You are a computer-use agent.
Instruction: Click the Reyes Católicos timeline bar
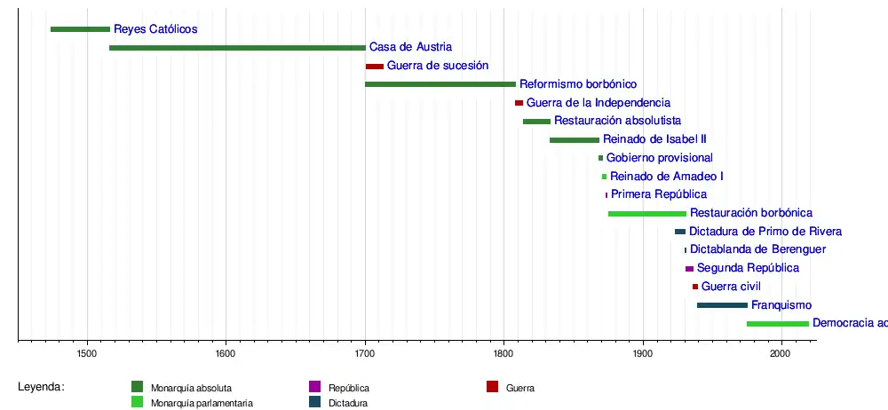coord(80,29)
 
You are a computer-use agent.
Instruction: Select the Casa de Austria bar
coord(237,48)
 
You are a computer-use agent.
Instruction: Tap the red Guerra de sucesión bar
coord(375,67)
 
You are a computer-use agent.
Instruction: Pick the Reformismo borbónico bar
coord(440,84)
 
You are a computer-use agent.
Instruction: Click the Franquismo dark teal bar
coord(722,305)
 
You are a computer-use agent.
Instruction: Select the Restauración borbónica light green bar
coord(647,214)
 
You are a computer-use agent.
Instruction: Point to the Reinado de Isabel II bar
coord(575,140)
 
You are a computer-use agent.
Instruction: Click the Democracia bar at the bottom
coord(778,324)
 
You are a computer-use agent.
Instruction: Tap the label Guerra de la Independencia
coord(599,103)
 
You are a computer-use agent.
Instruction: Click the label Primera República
coord(659,194)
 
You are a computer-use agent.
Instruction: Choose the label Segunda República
coord(748,268)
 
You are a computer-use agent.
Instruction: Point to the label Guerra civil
coord(731,287)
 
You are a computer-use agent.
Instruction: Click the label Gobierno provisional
coord(660,158)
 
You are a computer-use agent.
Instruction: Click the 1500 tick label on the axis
coord(87,354)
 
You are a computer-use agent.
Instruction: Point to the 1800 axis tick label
coord(503,354)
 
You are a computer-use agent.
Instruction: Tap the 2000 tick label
coord(781,354)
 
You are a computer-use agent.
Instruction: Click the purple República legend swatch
coord(314,387)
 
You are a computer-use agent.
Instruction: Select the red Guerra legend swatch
coord(493,386)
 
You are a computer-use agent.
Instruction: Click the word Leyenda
coord(41,387)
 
